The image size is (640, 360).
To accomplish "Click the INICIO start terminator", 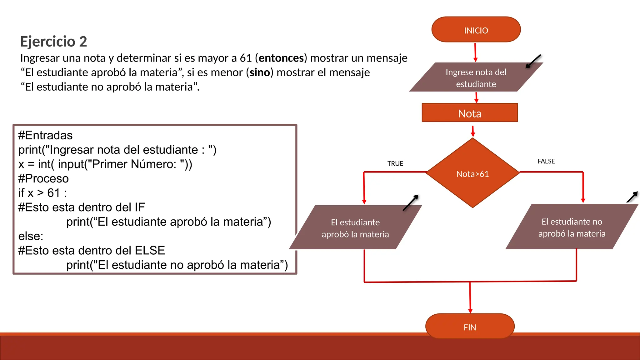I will (x=476, y=30).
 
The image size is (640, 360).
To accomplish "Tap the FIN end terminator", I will (x=470, y=327).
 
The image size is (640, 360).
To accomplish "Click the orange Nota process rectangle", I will (x=469, y=113).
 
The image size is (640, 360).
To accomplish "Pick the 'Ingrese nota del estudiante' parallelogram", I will (x=476, y=77).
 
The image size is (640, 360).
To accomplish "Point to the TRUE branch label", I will (x=395, y=163).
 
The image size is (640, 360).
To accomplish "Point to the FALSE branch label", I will (x=546, y=161).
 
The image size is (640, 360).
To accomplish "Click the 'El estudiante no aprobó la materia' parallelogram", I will (x=572, y=227).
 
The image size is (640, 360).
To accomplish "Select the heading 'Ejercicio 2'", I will (x=53, y=42).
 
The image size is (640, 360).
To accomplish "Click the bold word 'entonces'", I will (x=281, y=58).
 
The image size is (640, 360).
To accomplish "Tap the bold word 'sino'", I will (x=260, y=72).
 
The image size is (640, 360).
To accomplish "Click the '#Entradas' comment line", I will (x=45, y=135).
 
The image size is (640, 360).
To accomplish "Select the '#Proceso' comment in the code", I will (x=43, y=178).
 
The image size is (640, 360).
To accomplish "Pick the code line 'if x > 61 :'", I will (x=42, y=193).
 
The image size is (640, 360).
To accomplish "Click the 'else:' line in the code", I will (x=31, y=236).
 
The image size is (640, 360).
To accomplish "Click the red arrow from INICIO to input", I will (x=475, y=52).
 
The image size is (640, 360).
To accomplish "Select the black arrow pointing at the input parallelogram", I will (x=533, y=61).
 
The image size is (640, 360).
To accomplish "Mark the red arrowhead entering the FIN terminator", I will (x=470, y=311).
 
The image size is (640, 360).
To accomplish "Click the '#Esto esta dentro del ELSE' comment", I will (x=92, y=250).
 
